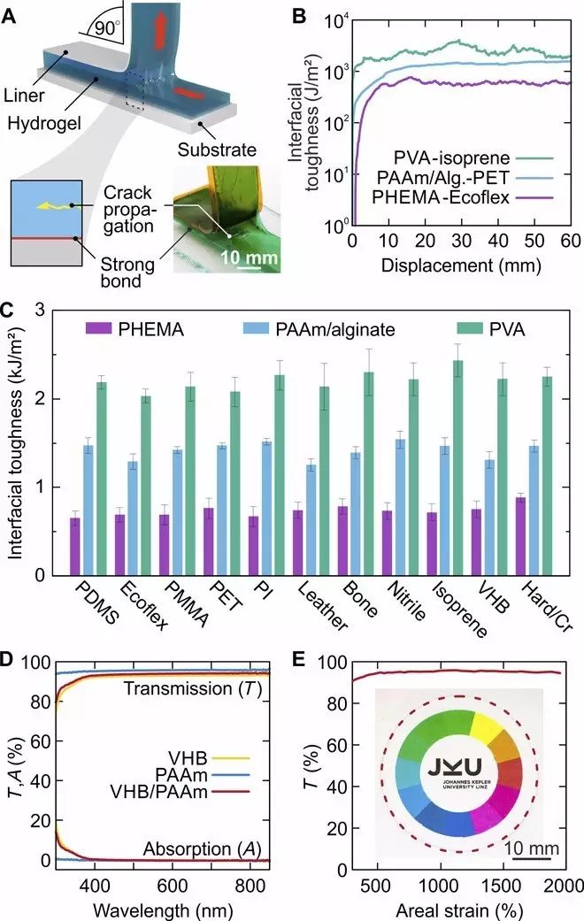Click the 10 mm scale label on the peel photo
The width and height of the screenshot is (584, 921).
coord(240,258)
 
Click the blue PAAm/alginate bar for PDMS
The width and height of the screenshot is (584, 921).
coord(88,510)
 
